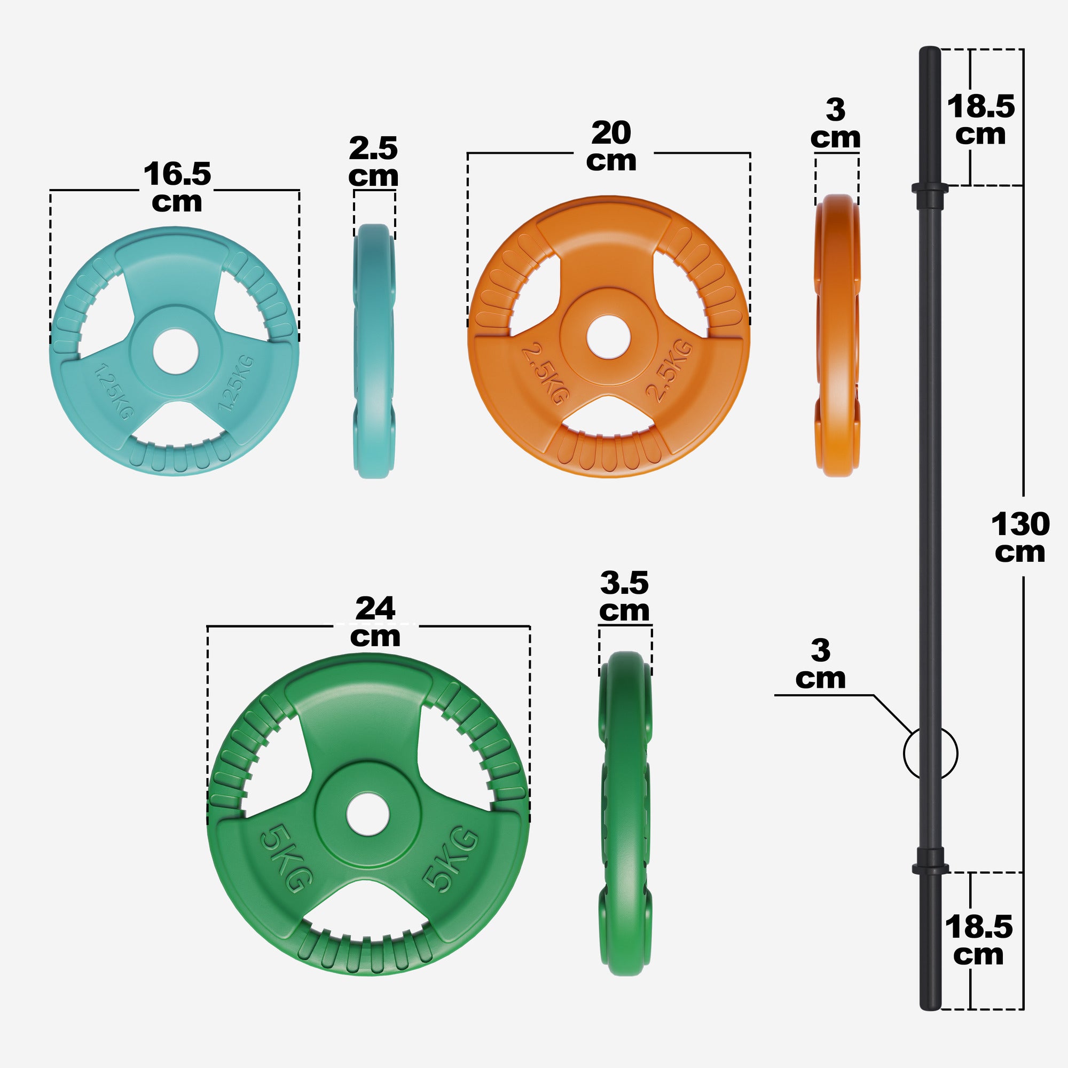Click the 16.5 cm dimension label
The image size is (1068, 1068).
[177, 187]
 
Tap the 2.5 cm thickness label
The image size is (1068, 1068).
[373, 162]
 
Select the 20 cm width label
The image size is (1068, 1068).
[611, 146]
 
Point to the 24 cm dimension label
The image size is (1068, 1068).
[375, 622]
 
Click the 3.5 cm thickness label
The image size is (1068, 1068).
[624, 596]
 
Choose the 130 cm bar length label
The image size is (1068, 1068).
[1020, 537]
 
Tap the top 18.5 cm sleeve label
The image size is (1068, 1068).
[980, 120]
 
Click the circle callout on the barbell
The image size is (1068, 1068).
[930, 753]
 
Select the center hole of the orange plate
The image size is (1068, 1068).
[608, 336]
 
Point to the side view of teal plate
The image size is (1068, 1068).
[374, 351]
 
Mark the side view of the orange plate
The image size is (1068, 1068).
[837, 335]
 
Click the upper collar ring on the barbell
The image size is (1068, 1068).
[930, 189]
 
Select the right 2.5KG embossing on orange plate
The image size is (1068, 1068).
[670, 371]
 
